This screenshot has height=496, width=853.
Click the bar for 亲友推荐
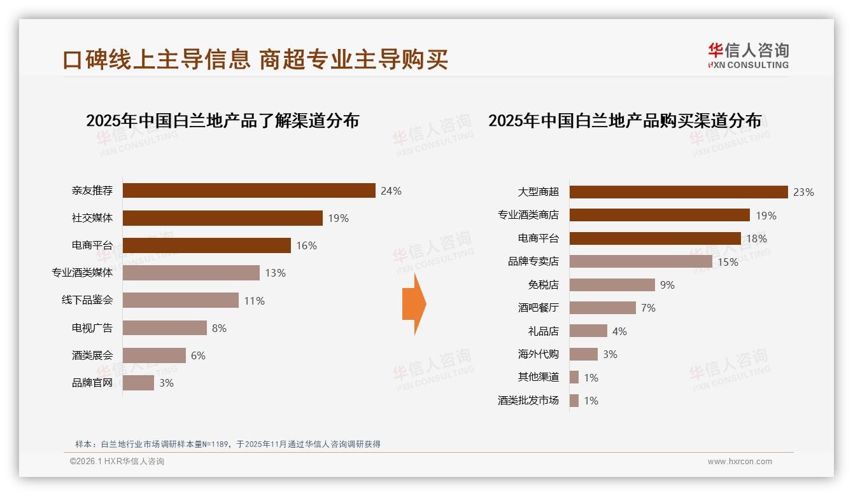(x=248, y=191)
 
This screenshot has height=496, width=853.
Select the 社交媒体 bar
(x=222, y=218)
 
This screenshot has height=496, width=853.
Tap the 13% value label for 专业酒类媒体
(x=275, y=273)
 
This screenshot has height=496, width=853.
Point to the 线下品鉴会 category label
(x=87, y=300)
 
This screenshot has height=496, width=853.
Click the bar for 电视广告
(x=164, y=328)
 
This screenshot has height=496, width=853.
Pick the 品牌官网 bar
(x=138, y=383)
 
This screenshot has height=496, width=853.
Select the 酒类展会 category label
(x=92, y=355)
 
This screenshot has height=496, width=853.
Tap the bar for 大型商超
(x=679, y=192)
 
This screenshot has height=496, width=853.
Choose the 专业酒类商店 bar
(x=659, y=215)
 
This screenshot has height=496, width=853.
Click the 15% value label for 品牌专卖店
(x=728, y=262)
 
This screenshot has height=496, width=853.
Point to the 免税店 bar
(x=612, y=285)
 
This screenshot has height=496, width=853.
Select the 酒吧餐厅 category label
(x=539, y=308)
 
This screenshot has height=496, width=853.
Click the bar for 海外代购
(x=583, y=354)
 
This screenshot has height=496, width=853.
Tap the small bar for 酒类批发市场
(x=574, y=401)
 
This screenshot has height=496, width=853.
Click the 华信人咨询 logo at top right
(x=748, y=56)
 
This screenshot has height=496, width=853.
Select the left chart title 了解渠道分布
(x=222, y=121)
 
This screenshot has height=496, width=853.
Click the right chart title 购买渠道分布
(x=624, y=121)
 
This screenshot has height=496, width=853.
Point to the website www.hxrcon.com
(x=740, y=462)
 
